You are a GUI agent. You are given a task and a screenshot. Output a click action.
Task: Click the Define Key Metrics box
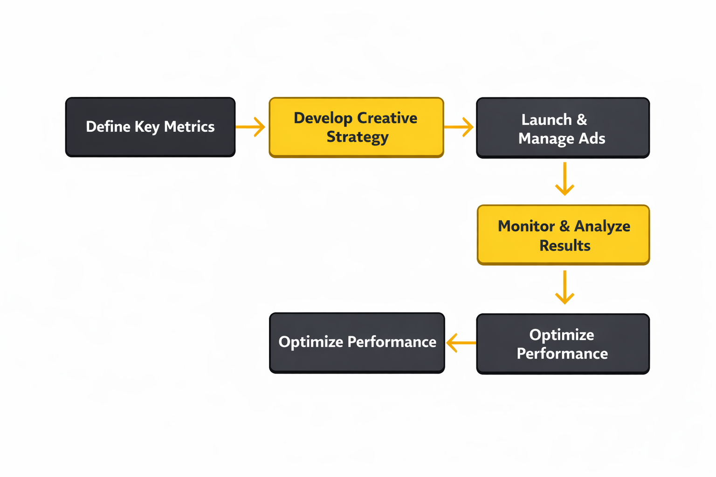click(x=150, y=127)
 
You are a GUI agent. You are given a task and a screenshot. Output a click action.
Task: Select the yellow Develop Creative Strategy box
click(x=356, y=127)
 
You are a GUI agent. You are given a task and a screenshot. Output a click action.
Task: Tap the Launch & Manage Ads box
click(x=563, y=128)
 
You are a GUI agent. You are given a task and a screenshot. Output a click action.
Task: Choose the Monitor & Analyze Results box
click(x=563, y=235)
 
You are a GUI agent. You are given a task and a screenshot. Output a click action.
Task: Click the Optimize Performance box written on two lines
click(x=563, y=344)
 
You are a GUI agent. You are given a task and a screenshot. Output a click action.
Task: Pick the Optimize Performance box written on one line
click(x=357, y=342)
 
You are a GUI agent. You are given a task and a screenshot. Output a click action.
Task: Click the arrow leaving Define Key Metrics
click(x=251, y=127)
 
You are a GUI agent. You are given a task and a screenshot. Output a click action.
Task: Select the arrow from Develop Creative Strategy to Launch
click(x=459, y=127)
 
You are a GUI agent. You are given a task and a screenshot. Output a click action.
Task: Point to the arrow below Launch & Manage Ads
click(x=565, y=179)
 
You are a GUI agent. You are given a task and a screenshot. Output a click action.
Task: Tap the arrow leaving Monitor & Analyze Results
click(x=565, y=287)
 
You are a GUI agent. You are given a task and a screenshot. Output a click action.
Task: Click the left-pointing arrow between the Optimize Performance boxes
click(x=461, y=343)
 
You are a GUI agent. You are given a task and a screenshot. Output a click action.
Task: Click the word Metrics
click(x=189, y=127)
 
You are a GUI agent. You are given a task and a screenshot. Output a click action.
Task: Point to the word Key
click(x=147, y=127)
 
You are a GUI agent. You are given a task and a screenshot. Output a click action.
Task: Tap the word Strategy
click(x=358, y=137)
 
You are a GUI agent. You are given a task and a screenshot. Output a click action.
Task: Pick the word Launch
click(x=546, y=120)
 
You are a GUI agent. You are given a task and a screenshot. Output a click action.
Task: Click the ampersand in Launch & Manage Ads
click(x=582, y=120)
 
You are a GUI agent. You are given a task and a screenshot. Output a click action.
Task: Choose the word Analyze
click(x=602, y=226)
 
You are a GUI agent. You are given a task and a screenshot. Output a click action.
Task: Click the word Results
click(x=565, y=245)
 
